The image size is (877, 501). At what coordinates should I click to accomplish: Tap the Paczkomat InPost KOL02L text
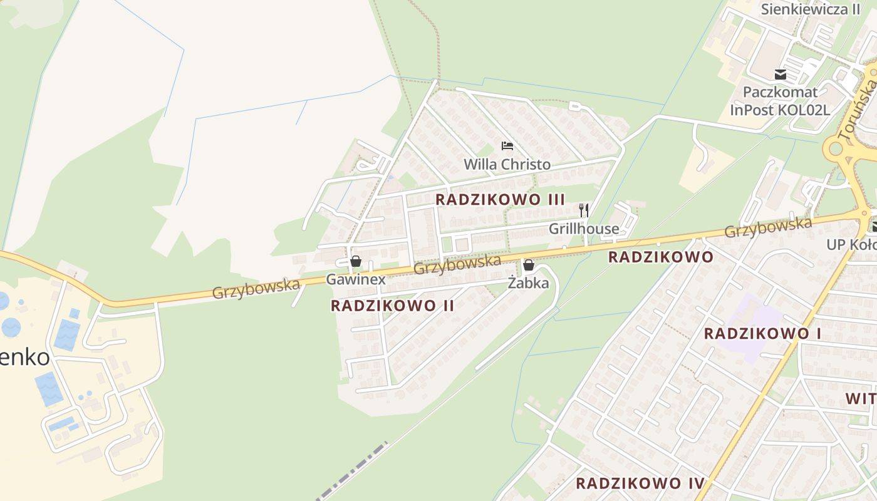(x=780, y=101)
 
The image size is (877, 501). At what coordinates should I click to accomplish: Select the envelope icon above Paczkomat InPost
(x=780, y=75)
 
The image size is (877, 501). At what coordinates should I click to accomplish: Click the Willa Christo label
(x=507, y=165)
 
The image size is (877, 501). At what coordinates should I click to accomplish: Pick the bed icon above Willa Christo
(x=507, y=147)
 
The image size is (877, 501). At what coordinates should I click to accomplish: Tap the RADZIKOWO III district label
(x=500, y=200)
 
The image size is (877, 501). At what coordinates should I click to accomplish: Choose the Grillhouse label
(x=584, y=229)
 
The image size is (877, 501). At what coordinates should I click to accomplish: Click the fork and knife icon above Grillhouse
(x=584, y=210)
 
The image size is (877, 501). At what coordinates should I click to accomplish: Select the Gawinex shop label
(x=355, y=279)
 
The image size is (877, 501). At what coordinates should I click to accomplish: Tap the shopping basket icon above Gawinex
(x=356, y=261)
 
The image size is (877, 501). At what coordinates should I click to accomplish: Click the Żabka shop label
(x=528, y=283)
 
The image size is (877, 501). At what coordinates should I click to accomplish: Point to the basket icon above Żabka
(x=529, y=265)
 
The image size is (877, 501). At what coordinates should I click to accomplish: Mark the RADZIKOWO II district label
(x=392, y=306)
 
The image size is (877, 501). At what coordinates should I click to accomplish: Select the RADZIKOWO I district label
(x=762, y=333)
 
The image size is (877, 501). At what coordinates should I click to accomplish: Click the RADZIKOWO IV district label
(x=640, y=483)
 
